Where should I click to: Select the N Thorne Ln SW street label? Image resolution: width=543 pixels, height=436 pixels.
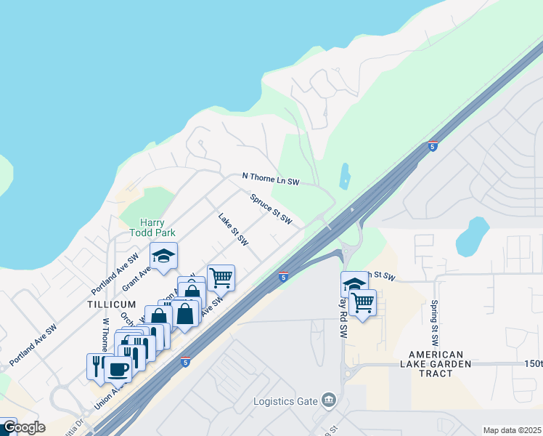271,178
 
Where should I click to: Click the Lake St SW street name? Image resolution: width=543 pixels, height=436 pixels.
234,229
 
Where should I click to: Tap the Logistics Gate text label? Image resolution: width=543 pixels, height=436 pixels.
285,401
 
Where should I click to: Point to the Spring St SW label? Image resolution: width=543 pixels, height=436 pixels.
435,323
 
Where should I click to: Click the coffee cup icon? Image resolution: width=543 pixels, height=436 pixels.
118,368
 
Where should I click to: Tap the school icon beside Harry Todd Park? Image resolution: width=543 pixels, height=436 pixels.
164,256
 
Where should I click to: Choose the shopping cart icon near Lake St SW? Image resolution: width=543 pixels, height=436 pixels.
221,276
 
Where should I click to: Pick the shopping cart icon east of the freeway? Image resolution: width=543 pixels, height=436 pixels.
362,302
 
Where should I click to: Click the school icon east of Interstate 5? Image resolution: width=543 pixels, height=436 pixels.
354,283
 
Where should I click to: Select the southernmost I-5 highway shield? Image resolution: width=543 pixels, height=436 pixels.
187,362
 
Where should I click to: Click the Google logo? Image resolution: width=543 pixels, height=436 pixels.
23,427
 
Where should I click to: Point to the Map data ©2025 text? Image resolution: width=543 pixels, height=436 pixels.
512,430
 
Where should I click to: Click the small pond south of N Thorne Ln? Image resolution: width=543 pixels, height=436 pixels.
344,177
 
